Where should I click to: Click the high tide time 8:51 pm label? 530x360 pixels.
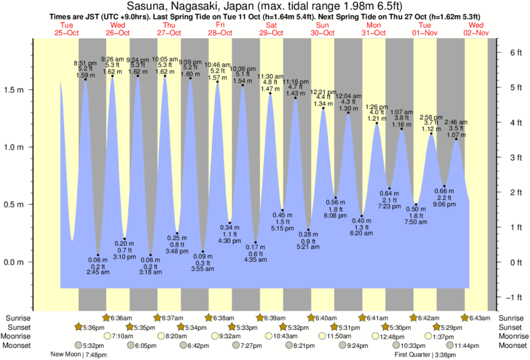[85, 63]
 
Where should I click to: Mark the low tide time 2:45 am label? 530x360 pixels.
[98, 273]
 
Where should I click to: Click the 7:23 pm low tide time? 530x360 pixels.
[390, 206]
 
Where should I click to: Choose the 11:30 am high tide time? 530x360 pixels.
[271, 77]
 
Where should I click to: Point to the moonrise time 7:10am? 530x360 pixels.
[122, 336]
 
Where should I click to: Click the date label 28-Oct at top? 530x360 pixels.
[220, 32]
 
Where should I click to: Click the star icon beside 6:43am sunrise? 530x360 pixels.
[467, 318]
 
